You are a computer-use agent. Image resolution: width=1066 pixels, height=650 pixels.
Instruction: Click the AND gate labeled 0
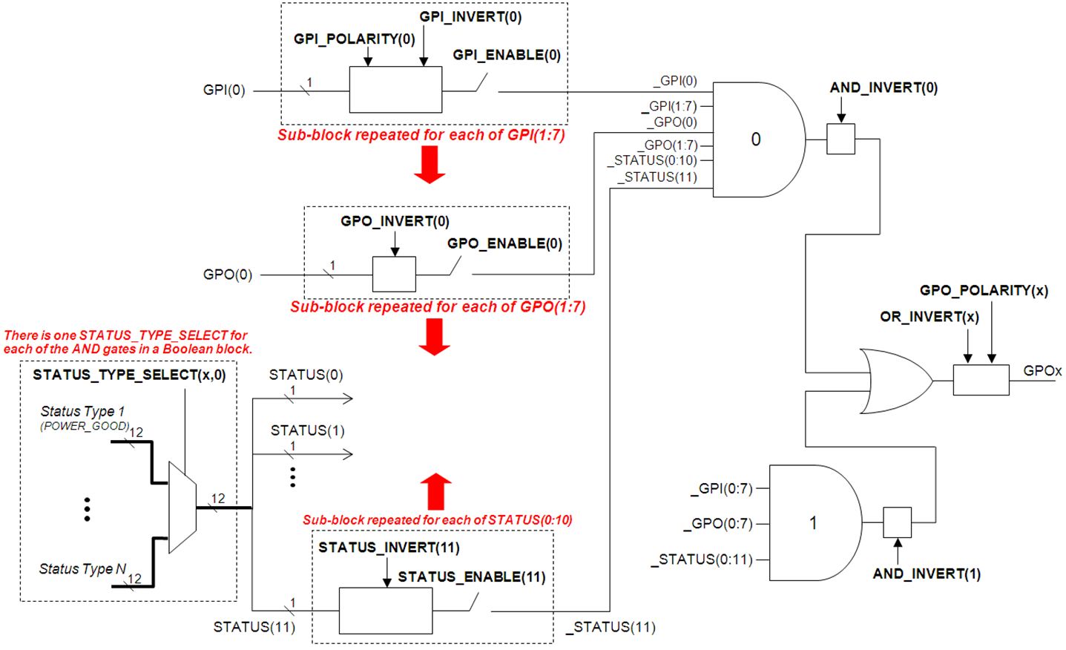click(757, 139)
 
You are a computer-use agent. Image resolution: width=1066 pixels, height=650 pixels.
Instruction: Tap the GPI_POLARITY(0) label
click(354, 39)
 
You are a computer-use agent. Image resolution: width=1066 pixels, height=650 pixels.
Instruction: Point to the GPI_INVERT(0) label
click(470, 16)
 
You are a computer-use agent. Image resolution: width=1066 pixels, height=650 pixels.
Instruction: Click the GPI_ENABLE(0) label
click(507, 55)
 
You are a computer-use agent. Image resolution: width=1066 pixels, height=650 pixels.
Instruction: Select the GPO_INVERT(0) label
click(395, 221)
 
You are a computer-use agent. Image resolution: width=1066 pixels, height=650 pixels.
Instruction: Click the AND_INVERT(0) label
click(884, 88)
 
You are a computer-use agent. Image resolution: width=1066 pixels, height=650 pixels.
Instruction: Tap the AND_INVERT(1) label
click(927, 574)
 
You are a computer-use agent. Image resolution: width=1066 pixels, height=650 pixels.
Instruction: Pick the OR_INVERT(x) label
click(930, 317)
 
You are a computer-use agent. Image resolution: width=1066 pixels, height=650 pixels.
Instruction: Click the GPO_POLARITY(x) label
click(984, 290)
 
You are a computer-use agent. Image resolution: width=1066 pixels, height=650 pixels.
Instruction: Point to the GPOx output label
click(1042, 371)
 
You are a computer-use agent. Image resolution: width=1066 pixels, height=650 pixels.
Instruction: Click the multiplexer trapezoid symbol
click(182, 508)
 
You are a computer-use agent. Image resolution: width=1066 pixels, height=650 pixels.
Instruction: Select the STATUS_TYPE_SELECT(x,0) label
click(129, 375)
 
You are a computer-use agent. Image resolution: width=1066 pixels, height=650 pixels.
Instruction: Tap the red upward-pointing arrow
click(435, 490)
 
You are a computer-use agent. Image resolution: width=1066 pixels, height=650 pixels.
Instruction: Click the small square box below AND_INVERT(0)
click(840, 139)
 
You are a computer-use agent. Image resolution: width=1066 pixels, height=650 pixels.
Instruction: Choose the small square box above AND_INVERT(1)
click(897, 522)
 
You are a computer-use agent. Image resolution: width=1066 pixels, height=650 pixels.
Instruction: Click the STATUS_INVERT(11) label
click(389, 548)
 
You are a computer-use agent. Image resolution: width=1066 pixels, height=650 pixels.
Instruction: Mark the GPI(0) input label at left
click(224, 91)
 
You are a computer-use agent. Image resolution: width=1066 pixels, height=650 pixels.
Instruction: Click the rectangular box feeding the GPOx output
click(981, 380)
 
